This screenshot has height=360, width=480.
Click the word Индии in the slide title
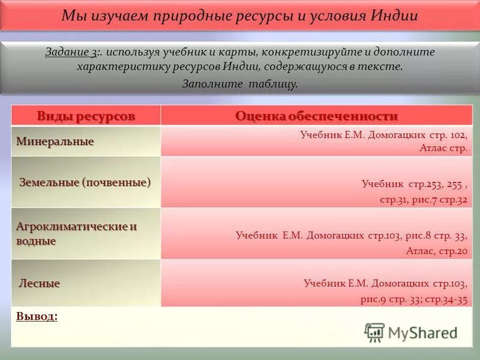[394, 16]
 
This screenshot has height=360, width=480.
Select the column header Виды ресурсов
[86, 116]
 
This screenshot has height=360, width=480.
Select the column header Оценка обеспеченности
[316, 116]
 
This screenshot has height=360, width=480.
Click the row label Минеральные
[55, 142]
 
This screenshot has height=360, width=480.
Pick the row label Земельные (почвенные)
[85, 181]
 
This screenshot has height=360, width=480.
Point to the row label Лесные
[40, 283]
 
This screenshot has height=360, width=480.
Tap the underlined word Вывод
[37, 316]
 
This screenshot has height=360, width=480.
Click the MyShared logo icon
[374, 332]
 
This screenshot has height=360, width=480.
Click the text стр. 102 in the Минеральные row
[450, 135]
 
